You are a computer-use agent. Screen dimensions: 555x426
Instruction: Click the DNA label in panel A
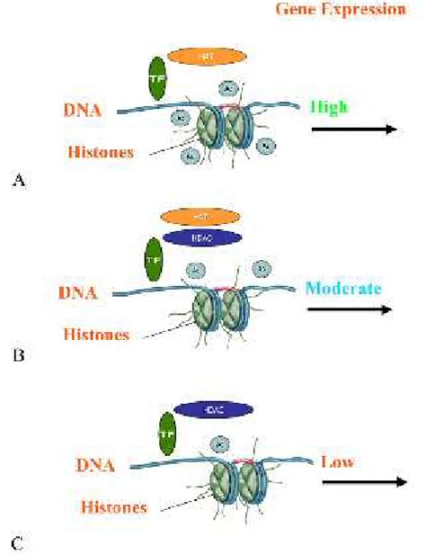[x=83, y=111]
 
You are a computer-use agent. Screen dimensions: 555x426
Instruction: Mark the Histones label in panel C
[x=102, y=507]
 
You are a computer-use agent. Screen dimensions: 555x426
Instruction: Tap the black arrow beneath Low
[x=364, y=482]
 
